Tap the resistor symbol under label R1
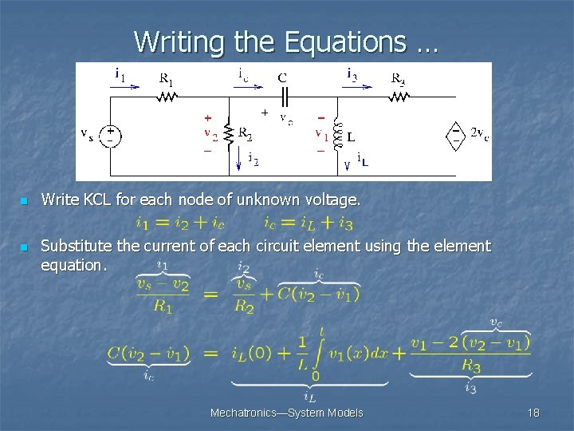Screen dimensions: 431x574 tap(167, 97)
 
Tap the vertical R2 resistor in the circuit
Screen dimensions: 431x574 tap(230, 135)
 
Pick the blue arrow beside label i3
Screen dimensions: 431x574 tap(358, 85)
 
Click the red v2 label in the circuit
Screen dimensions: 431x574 tap(209, 132)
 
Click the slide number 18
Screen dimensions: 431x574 tap(533, 413)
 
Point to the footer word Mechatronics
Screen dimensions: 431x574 tap(242, 413)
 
